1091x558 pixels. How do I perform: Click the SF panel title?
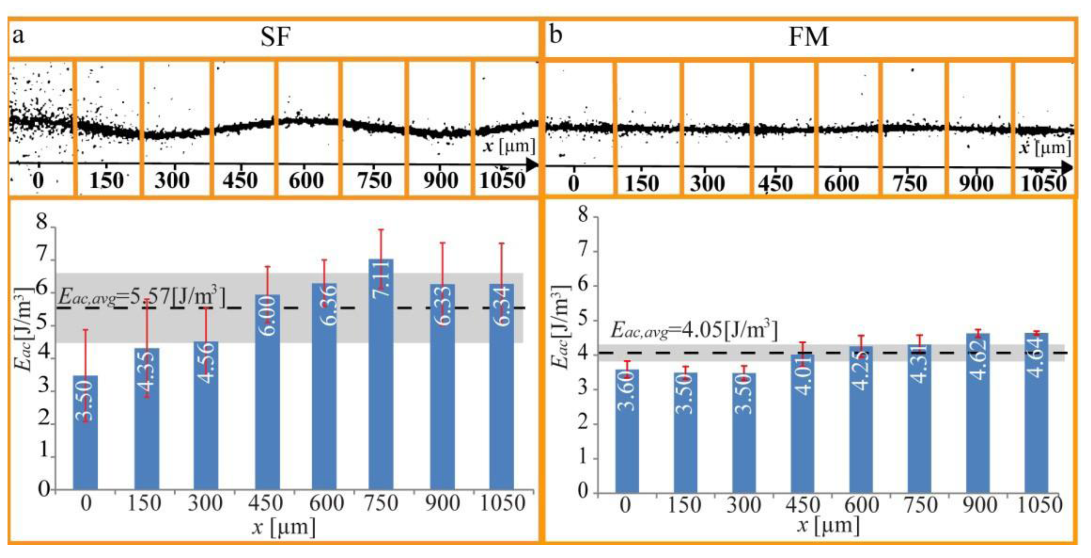point(275,37)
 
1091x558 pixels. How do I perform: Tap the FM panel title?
point(808,37)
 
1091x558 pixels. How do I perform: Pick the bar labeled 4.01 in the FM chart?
point(803,423)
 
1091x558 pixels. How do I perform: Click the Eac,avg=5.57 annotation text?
point(142,296)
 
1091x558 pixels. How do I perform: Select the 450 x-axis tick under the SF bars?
point(265,503)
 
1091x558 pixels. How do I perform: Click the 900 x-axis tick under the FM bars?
point(979,505)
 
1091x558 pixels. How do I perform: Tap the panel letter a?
point(18,35)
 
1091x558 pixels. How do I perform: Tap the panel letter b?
point(555,35)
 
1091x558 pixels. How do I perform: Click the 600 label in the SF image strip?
point(306,181)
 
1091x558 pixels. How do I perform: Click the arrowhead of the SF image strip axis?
point(532,164)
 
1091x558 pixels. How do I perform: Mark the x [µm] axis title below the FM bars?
point(828,525)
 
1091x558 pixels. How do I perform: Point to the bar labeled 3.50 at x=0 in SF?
point(85,432)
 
